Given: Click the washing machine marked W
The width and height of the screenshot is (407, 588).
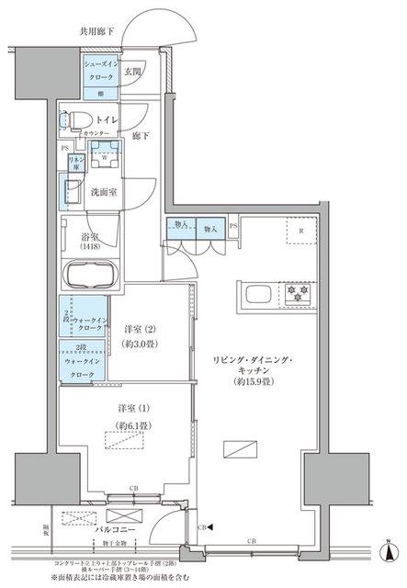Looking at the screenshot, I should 107,155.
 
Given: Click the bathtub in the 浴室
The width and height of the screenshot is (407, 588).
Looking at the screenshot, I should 88,275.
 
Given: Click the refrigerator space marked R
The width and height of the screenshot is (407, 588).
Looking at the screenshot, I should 299,232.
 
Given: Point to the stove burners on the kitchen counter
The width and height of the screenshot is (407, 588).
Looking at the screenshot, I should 298,293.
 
